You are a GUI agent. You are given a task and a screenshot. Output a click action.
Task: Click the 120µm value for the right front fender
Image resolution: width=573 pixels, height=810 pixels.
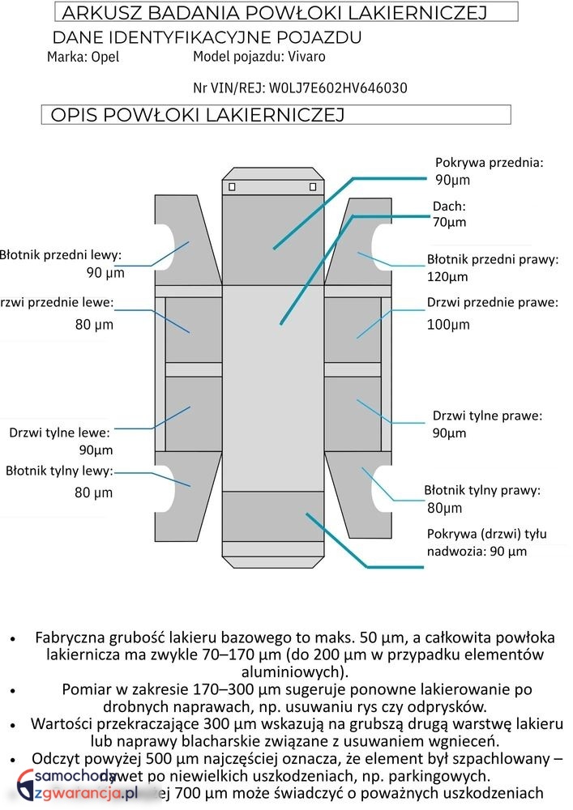pyautogui.click(x=447, y=277)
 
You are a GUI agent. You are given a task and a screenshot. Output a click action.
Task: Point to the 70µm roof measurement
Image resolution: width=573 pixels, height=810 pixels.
pyautogui.click(x=449, y=222)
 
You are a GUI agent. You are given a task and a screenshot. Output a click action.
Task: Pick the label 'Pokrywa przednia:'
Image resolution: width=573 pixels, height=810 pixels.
pyautogui.click(x=489, y=162)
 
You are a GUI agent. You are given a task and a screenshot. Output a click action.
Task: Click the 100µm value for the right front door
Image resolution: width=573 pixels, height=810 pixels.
pyautogui.click(x=448, y=325)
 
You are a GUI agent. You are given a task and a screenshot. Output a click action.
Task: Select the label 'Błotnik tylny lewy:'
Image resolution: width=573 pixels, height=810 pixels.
pyautogui.click(x=59, y=471)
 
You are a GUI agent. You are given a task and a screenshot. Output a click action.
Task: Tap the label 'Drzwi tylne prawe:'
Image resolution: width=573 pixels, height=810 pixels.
pyautogui.click(x=487, y=416)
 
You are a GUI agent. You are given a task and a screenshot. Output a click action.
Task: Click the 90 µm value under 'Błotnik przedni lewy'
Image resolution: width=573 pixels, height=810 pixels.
pyautogui.click(x=105, y=273)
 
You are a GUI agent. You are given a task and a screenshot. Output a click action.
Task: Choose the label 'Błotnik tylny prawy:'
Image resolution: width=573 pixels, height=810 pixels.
pyautogui.click(x=482, y=490)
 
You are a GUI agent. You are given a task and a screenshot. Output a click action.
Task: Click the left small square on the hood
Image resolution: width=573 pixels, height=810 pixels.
pyautogui.click(x=232, y=187)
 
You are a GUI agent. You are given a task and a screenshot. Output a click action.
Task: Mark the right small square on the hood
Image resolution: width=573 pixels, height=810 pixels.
pyautogui.click(x=313, y=187)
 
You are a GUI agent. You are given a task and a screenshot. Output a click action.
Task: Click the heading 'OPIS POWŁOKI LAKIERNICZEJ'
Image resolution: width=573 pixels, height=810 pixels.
pyautogui.click(x=198, y=115)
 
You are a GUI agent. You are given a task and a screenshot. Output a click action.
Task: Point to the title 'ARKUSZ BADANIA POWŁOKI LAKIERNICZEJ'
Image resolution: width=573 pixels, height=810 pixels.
pyautogui.click(x=274, y=12)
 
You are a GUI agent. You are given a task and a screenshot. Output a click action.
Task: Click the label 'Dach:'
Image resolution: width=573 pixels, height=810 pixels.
pyautogui.click(x=449, y=206)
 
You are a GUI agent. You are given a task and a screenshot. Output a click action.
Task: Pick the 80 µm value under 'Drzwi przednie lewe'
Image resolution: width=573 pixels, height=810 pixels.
pyautogui.click(x=94, y=325)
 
